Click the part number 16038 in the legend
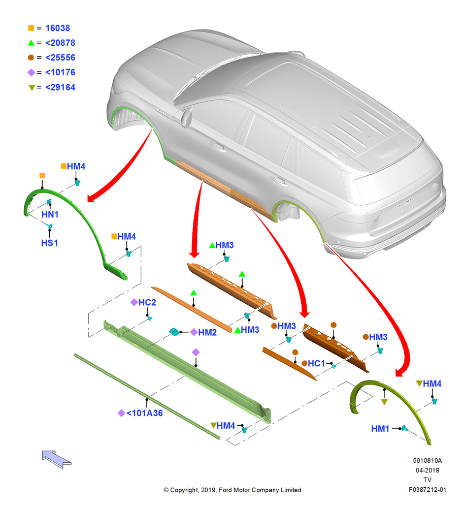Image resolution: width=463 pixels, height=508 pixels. pos(58,28)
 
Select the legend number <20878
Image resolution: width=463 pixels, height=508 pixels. pos(60,43)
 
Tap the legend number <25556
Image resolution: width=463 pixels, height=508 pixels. pos(60,58)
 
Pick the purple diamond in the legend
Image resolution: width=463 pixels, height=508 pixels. pos(31,72)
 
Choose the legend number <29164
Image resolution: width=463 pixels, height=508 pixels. pos(60,87)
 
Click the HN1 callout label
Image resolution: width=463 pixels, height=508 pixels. pos(50,214)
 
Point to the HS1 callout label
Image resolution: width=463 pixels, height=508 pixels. pos(50,243)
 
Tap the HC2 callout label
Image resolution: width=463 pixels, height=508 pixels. pos(147,302)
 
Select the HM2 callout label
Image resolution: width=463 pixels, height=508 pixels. pos(207,332)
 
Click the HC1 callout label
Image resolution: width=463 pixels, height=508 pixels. pos(316,364)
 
